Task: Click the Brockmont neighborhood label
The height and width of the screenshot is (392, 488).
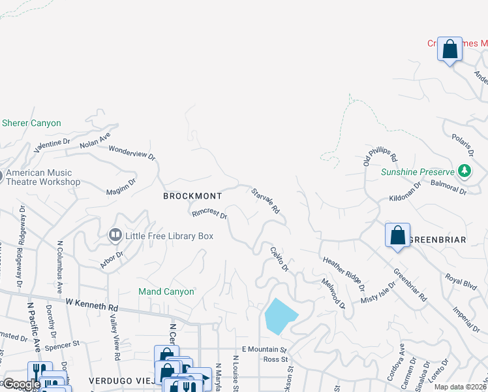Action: tap(192, 196)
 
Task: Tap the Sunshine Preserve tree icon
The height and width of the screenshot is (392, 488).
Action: tap(465, 171)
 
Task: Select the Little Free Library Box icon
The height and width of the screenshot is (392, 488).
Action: tap(115, 235)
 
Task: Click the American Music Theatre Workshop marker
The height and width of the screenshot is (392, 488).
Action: tap(2, 176)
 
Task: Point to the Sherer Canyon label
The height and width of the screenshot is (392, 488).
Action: tap(31, 123)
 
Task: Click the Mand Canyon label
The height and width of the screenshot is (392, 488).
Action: tap(166, 291)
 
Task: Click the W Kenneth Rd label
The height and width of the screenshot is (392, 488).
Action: tap(92, 304)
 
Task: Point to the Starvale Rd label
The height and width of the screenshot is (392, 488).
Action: tap(266, 201)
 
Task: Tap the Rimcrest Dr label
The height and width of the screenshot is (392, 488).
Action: tap(209, 214)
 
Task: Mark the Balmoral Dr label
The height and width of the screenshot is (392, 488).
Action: tap(449, 188)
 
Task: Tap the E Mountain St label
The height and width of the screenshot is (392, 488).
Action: tap(264, 350)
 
